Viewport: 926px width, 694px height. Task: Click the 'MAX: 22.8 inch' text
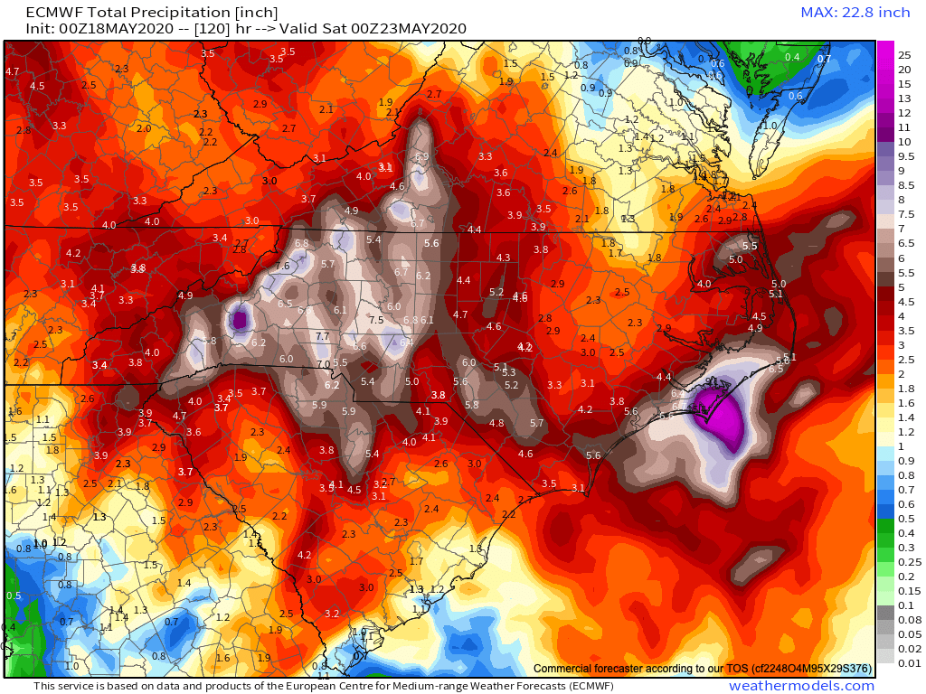pos(855,12)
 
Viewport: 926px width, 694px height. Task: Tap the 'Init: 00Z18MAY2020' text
pos(100,28)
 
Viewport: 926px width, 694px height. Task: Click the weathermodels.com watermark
pos(801,686)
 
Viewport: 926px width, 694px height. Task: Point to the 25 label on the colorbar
pos(905,54)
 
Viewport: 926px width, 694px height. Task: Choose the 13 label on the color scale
pos(905,98)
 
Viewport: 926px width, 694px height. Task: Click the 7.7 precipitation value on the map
pos(322,336)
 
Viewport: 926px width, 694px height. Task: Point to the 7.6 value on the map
pos(283,266)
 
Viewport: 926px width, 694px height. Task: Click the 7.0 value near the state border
pos(323,364)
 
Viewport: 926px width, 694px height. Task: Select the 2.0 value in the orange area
pos(143,128)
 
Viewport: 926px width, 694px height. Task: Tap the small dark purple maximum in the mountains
pos(240,319)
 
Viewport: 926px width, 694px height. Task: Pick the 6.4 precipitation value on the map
pos(406,342)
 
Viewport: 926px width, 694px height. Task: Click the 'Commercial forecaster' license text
pos(703,669)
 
